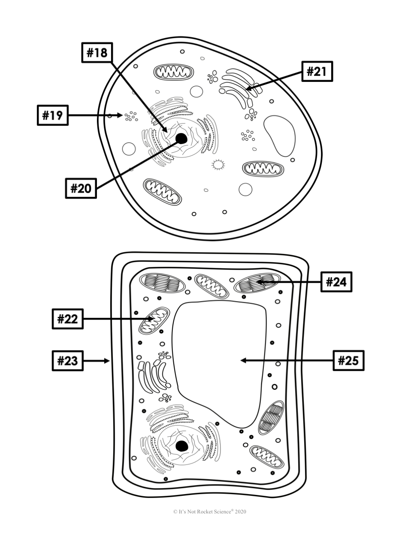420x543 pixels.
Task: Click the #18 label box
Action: click(97, 53)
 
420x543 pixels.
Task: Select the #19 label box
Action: click(52, 115)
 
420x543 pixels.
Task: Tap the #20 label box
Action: click(81, 188)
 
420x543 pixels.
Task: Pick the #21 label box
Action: click(317, 72)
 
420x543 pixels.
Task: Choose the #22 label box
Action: click(67, 319)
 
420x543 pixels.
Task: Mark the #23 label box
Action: click(67, 361)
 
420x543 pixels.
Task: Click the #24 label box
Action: click(336, 282)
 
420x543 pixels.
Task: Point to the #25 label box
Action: click(348, 360)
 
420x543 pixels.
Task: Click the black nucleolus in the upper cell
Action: click(181, 139)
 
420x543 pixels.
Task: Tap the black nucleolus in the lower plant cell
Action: click(182, 446)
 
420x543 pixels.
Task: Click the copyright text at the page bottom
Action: click(210, 511)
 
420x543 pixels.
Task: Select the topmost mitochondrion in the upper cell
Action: click(174, 72)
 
